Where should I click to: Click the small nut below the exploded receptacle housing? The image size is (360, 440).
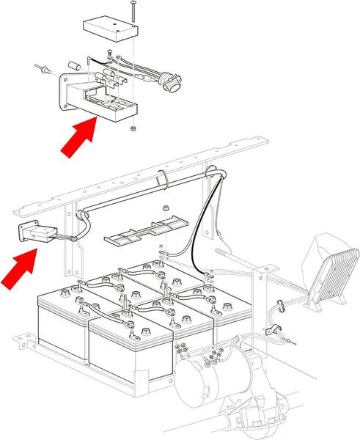[132, 129]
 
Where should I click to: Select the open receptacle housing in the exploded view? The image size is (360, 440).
[103, 99]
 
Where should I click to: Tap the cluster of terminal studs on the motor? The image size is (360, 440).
[215, 357]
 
